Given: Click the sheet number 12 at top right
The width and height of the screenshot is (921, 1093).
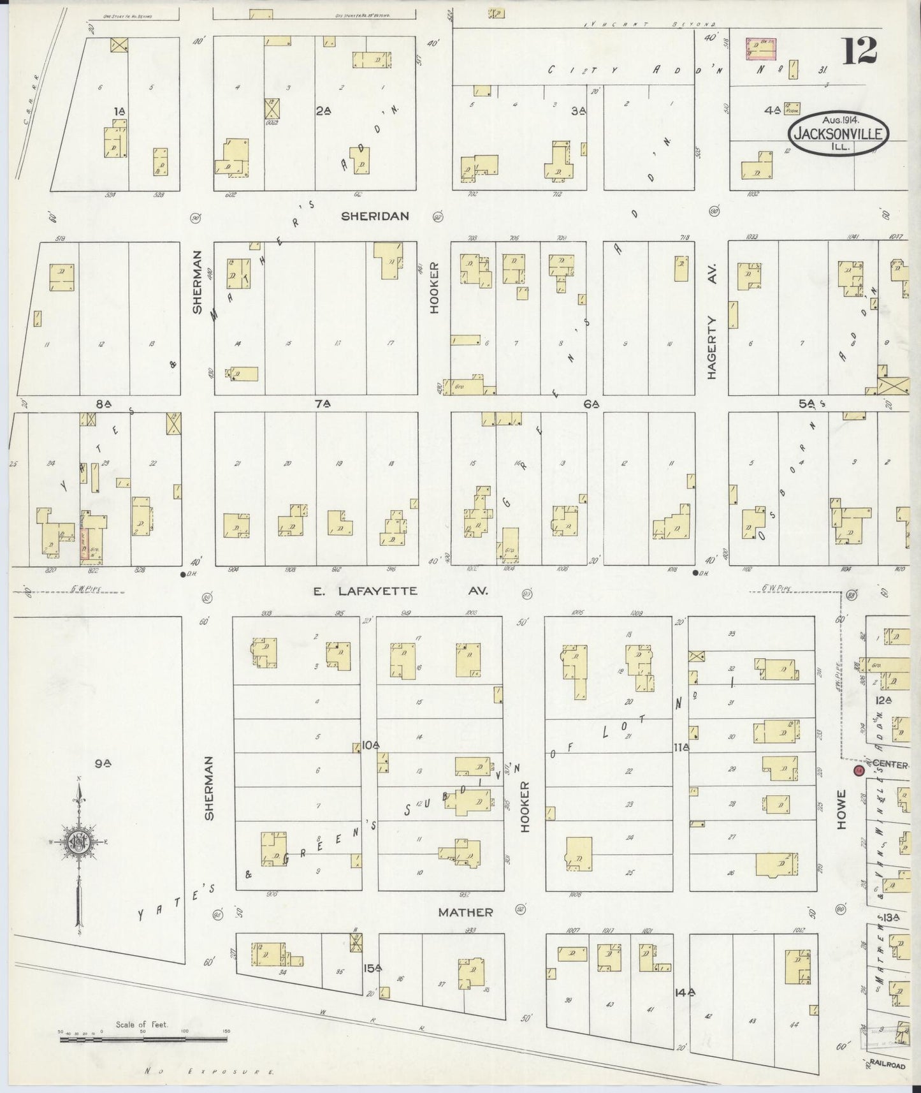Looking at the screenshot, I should point(860,51).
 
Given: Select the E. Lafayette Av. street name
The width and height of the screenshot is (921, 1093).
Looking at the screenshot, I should point(400,591).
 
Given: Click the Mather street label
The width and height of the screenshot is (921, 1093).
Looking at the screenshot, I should point(465,912).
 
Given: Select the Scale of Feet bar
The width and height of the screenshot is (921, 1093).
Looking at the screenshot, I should point(143,1039).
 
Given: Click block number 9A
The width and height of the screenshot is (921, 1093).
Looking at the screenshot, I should point(104,761).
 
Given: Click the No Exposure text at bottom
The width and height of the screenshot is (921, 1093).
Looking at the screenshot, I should point(210,1071).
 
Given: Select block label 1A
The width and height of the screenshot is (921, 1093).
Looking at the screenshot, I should point(119,111).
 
